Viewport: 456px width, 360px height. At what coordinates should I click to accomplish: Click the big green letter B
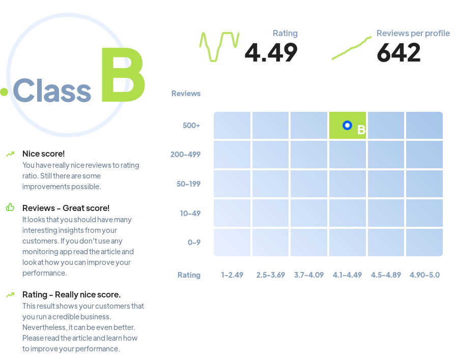pyautogui.click(x=123, y=75)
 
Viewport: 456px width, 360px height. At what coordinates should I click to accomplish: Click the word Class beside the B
pyautogui.click(x=52, y=91)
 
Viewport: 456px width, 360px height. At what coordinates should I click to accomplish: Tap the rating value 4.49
pyautogui.click(x=271, y=52)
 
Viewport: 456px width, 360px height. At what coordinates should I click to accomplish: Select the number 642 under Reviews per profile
pyautogui.click(x=398, y=52)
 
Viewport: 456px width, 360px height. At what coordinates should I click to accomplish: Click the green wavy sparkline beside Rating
pyautogui.click(x=219, y=46)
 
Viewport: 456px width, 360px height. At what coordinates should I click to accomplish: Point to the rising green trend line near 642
pyautogui.click(x=352, y=48)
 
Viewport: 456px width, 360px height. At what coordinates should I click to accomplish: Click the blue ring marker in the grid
pyautogui.click(x=347, y=125)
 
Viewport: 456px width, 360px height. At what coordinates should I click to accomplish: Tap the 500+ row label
pyautogui.click(x=191, y=126)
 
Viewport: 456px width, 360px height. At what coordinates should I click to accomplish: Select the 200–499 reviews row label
pyautogui.click(x=185, y=154)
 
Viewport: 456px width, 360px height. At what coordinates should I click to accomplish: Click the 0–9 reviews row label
pyautogui.click(x=194, y=243)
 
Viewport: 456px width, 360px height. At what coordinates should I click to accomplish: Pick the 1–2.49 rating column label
pyautogui.click(x=232, y=275)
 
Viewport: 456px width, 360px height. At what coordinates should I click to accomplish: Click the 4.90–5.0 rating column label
pyautogui.click(x=424, y=275)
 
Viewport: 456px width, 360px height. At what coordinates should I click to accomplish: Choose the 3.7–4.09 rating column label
pyautogui.click(x=309, y=275)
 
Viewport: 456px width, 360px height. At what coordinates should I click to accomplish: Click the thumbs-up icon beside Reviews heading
pyautogui.click(x=10, y=207)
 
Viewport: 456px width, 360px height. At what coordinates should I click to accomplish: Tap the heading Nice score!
pyautogui.click(x=44, y=154)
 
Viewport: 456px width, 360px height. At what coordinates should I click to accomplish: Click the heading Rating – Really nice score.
pyautogui.click(x=72, y=294)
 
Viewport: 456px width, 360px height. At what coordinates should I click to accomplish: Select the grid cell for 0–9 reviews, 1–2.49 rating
pyautogui.click(x=232, y=243)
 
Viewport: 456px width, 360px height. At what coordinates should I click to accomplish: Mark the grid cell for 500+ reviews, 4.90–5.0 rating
pyautogui.click(x=424, y=125)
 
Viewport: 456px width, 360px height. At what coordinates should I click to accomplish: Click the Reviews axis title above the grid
pyautogui.click(x=186, y=94)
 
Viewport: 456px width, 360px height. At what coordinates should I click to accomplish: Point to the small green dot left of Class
pyautogui.click(x=4, y=92)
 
